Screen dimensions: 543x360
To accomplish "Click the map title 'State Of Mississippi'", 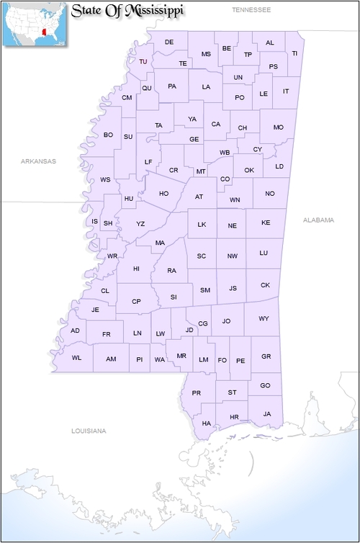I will pyautogui.click(x=127, y=12).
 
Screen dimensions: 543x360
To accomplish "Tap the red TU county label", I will pyautogui.click(x=143, y=62).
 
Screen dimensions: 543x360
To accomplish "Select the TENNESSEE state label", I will pyautogui.click(x=251, y=10).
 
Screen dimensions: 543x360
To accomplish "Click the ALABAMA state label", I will pyautogui.click(x=319, y=220).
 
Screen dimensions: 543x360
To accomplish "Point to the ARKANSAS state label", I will pyautogui.click(x=38, y=161).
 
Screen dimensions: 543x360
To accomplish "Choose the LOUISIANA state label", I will pyautogui.click(x=89, y=431).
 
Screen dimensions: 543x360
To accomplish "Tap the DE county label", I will pyautogui.click(x=169, y=42).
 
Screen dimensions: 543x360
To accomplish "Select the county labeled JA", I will pyautogui.click(x=267, y=414).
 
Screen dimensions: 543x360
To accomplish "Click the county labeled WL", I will pyautogui.click(x=76, y=358).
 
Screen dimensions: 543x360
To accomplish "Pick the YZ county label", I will pyautogui.click(x=140, y=224).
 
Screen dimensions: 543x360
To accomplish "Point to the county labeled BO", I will pyautogui.click(x=108, y=135).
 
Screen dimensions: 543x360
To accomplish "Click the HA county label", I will pyautogui.click(x=207, y=423).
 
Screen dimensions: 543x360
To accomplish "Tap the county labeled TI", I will pyautogui.click(x=294, y=53).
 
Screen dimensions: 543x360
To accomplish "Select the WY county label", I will pyautogui.click(x=264, y=318).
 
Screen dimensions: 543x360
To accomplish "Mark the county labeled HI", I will pyautogui.click(x=136, y=269).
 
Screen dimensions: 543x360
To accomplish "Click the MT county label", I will pyautogui.click(x=201, y=171).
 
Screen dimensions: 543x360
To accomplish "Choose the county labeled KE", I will pyautogui.click(x=266, y=223).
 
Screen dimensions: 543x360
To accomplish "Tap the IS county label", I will pyautogui.click(x=94, y=221).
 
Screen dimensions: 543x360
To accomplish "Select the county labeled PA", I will pyautogui.click(x=172, y=86).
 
